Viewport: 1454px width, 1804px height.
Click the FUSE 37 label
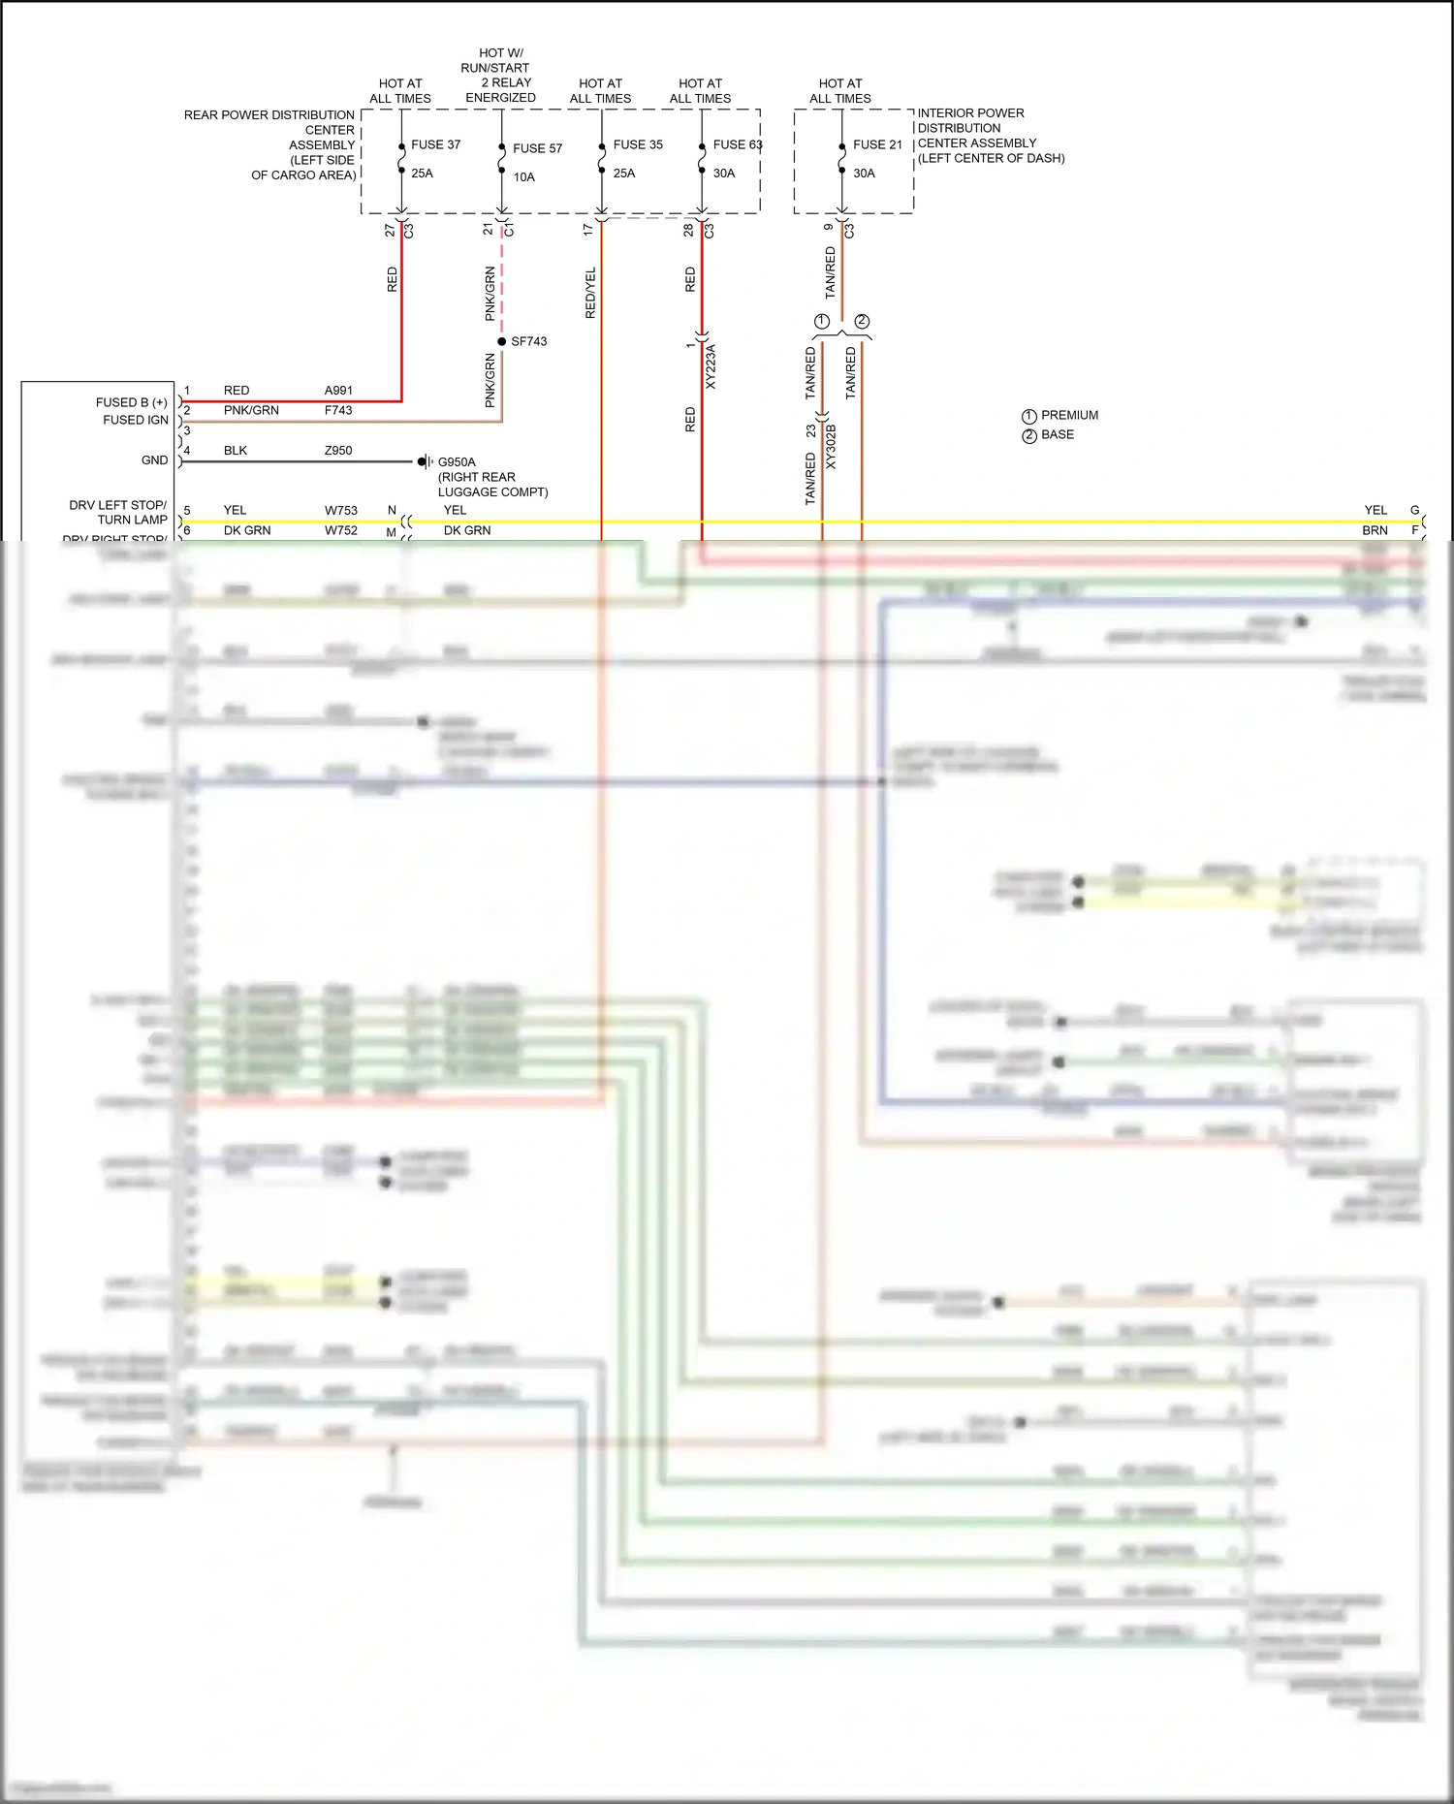435,144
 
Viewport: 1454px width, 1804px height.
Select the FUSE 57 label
537,148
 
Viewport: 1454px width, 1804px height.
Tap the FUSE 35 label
638,144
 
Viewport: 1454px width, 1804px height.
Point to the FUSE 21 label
877,144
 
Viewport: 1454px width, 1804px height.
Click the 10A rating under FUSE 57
523,177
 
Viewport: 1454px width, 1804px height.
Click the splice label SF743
528,341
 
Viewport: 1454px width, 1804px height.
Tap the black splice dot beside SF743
501,341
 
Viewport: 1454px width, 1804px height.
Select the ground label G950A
457,462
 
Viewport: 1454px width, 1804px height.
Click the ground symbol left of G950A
424,461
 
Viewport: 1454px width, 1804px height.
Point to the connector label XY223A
711,366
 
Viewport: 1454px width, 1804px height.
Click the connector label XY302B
831,447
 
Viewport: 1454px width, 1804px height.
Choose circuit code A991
338,391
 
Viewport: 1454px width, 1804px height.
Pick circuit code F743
338,410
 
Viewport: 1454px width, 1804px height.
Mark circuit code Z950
338,451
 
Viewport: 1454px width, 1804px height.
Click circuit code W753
340,510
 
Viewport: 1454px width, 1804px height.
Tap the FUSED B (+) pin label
131,402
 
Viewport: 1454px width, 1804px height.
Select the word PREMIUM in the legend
1069,415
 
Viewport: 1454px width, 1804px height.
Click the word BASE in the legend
1057,434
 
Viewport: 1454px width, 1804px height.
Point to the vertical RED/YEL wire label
590,293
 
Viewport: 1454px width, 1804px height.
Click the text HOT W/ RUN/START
497,60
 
